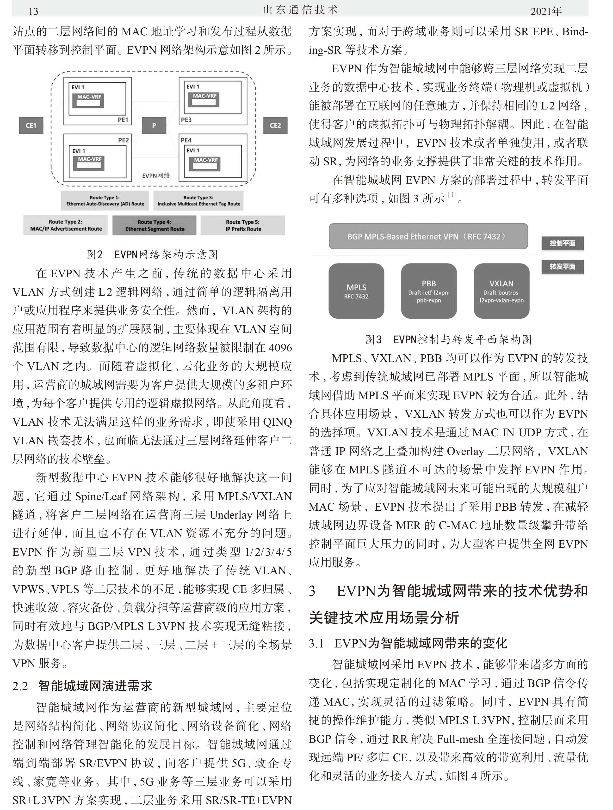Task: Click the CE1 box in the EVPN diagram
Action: click(x=31, y=126)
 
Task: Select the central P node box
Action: click(x=154, y=126)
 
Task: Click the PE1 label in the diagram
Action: click(x=123, y=120)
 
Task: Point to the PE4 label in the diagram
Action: click(x=186, y=140)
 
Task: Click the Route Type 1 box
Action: click(x=105, y=201)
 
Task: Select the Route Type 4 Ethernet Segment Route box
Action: click(x=154, y=225)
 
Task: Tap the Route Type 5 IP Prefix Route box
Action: click(x=243, y=225)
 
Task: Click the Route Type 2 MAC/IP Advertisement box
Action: click(x=66, y=225)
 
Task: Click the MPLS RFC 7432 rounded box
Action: click(x=356, y=291)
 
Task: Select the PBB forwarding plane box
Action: click(x=429, y=291)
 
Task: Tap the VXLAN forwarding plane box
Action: click(x=501, y=291)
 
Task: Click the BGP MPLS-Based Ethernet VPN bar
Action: click(x=428, y=236)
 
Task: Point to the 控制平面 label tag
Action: click(x=562, y=243)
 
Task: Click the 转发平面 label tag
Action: click(x=562, y=266)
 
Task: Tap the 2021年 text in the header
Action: click(x=546, y=11)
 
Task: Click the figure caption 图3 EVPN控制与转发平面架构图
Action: click(x=448, y=339)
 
